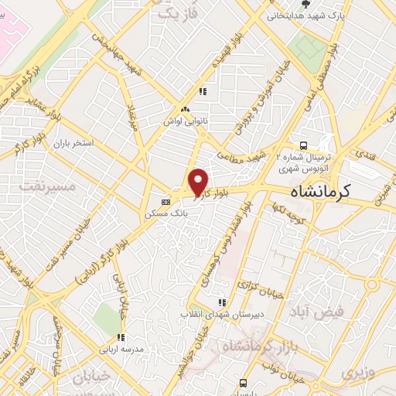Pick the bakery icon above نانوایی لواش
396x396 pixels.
coord(185,109)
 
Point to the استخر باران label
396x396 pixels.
coord(74,144)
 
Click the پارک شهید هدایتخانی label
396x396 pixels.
coord(303,15)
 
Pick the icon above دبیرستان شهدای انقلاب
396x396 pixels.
coord(223,302)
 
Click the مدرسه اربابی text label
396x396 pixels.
coord(120,349)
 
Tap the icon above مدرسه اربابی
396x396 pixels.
coord(120,337)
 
